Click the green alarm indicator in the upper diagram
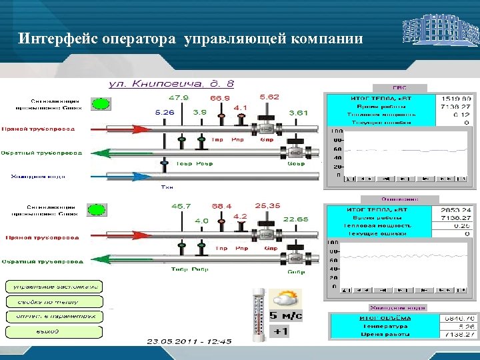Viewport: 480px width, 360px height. (x=100, y=103)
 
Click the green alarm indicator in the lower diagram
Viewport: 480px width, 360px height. (x=97, y=209)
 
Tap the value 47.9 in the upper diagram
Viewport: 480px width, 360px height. (x=178, y=97)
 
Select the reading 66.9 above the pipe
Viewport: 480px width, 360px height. (x=220, y=98)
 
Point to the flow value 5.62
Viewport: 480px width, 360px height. (x=269, y=97)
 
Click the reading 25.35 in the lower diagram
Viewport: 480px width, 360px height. (x=267, y=205)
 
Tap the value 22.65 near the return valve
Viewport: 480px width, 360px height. (x=295, y=219)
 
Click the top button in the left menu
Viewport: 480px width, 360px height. (x=54, y=287)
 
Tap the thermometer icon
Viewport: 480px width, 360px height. (x=258, y=313)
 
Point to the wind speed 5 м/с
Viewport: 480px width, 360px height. (x=285, y=315)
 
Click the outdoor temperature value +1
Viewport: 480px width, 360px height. (x=281, y=331)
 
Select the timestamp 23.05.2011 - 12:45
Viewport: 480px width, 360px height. (x=189, y=341)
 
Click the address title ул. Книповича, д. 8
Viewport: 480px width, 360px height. (x=171, y=84)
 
